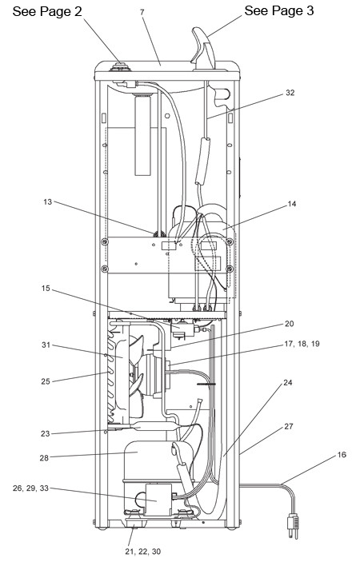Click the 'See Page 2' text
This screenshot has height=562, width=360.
pos(47,11)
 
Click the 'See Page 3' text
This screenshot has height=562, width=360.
pos(279,10)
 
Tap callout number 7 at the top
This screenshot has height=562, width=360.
pos(142,12)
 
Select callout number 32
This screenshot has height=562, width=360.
pos(290,93)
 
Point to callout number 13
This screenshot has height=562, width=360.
pos(48,202)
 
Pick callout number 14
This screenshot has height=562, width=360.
pos(292,204)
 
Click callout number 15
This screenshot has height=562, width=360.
pos(46,288)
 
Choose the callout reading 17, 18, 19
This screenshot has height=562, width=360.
pos(302,344)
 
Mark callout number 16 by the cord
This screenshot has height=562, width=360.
pos(342,454)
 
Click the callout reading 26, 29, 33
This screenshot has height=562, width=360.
pos(30,488)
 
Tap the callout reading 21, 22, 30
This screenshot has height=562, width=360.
pos(142,552)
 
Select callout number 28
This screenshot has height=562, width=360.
pos(44,458)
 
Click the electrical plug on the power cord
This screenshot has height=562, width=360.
pos(293,526)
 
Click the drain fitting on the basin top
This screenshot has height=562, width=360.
pos(119,66)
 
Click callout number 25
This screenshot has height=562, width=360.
pos(46,381)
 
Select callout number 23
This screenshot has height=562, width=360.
pos(45,433)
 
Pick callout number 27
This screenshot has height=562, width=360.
pos(289,427)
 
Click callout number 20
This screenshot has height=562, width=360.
pos(289,324)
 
